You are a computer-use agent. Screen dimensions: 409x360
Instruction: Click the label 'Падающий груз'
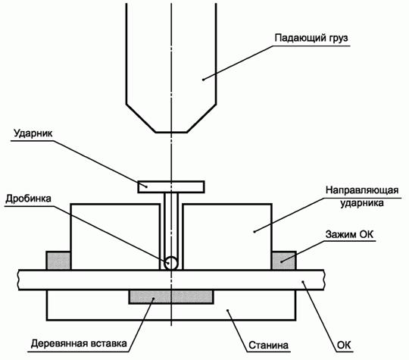pyautogui.click(x=311, y=38)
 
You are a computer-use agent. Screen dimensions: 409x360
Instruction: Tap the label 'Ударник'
pyautogui.click(x=33, y=133)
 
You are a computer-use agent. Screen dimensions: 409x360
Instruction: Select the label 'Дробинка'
pyautogui.click(x=29, y=199)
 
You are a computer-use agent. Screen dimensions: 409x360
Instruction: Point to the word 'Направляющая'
pyautogui.click(x=362, y=190)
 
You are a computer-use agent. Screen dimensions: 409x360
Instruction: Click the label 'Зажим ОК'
pyautogui.click(x=349, y=234)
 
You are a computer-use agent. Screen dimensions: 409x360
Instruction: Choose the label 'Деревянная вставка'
pyautogui.click(x=79, y=343)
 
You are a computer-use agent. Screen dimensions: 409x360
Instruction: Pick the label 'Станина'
pyautogui.click(x=268, y=345)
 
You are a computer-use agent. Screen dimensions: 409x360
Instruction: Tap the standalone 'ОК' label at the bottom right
pyautogui.click(x=344, y=345)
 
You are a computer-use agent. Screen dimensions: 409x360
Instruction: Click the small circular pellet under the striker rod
pyautogui.click(x=171, y=263)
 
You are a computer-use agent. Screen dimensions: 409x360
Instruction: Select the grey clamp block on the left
pyautogui.click(x=58, y=260)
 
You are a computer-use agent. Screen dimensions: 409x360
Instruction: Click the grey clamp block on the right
pyautogui.click(x=284, y=260)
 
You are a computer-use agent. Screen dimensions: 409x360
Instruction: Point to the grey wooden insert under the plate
pyautogui.click(x=171, y=297)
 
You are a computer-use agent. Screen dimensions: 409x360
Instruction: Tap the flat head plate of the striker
pyautogui.click(x=171, y=187)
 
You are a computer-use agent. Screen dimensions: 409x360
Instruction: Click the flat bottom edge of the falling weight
pyautogui.click(x=171, y=133)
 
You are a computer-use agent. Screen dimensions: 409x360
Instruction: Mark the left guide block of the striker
pyautogui.click(x=115, y=236)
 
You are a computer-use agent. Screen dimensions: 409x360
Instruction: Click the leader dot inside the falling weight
pyautogui.click(x=203, y=80)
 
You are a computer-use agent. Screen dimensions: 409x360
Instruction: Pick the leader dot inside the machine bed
pyautogui.click(x=228, y=310)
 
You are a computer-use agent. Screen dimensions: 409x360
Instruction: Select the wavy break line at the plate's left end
pyautogui.click(x=19, y=280)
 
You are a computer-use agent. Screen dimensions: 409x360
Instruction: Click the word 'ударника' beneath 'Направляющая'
pyautogui.click(x=362, y=203)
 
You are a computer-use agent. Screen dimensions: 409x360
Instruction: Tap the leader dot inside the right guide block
pyautogui.click(x=254, y=231)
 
